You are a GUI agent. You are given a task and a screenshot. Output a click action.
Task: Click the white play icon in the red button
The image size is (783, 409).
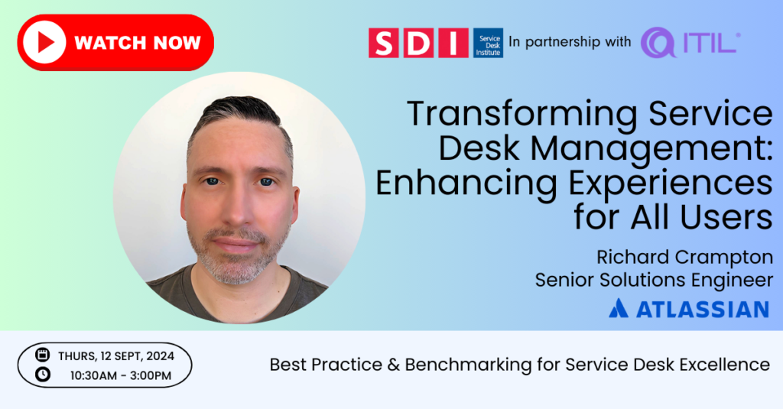(44, 43)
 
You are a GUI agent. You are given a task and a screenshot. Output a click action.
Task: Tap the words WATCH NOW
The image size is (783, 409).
(138, 43)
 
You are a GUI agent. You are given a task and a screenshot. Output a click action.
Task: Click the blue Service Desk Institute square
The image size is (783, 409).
(488, 43)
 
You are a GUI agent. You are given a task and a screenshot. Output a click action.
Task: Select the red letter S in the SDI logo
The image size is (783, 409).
(384, 43)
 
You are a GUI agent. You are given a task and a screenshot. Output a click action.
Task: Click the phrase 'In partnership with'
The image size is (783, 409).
(570, 42)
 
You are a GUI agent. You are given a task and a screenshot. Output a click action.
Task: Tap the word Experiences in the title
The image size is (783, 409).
(670, 183)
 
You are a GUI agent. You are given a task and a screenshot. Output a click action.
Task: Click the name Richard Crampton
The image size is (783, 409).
(684, 258)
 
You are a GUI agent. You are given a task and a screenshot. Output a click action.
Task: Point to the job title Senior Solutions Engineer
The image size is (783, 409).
(654, 280)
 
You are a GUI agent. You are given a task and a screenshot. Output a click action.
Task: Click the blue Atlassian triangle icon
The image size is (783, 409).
(618, 308)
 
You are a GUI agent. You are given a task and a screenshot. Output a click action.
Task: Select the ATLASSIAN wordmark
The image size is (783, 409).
(703, 309)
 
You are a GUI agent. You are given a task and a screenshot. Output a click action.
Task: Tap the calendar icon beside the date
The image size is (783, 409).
(43, 355)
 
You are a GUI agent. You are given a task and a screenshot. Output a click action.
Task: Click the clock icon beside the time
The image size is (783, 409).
(43, 374)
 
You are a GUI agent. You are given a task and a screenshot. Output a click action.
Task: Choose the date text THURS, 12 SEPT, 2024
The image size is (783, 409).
(116, 356)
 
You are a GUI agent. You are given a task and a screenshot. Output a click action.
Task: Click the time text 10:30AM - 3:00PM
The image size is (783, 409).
(120, 375)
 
